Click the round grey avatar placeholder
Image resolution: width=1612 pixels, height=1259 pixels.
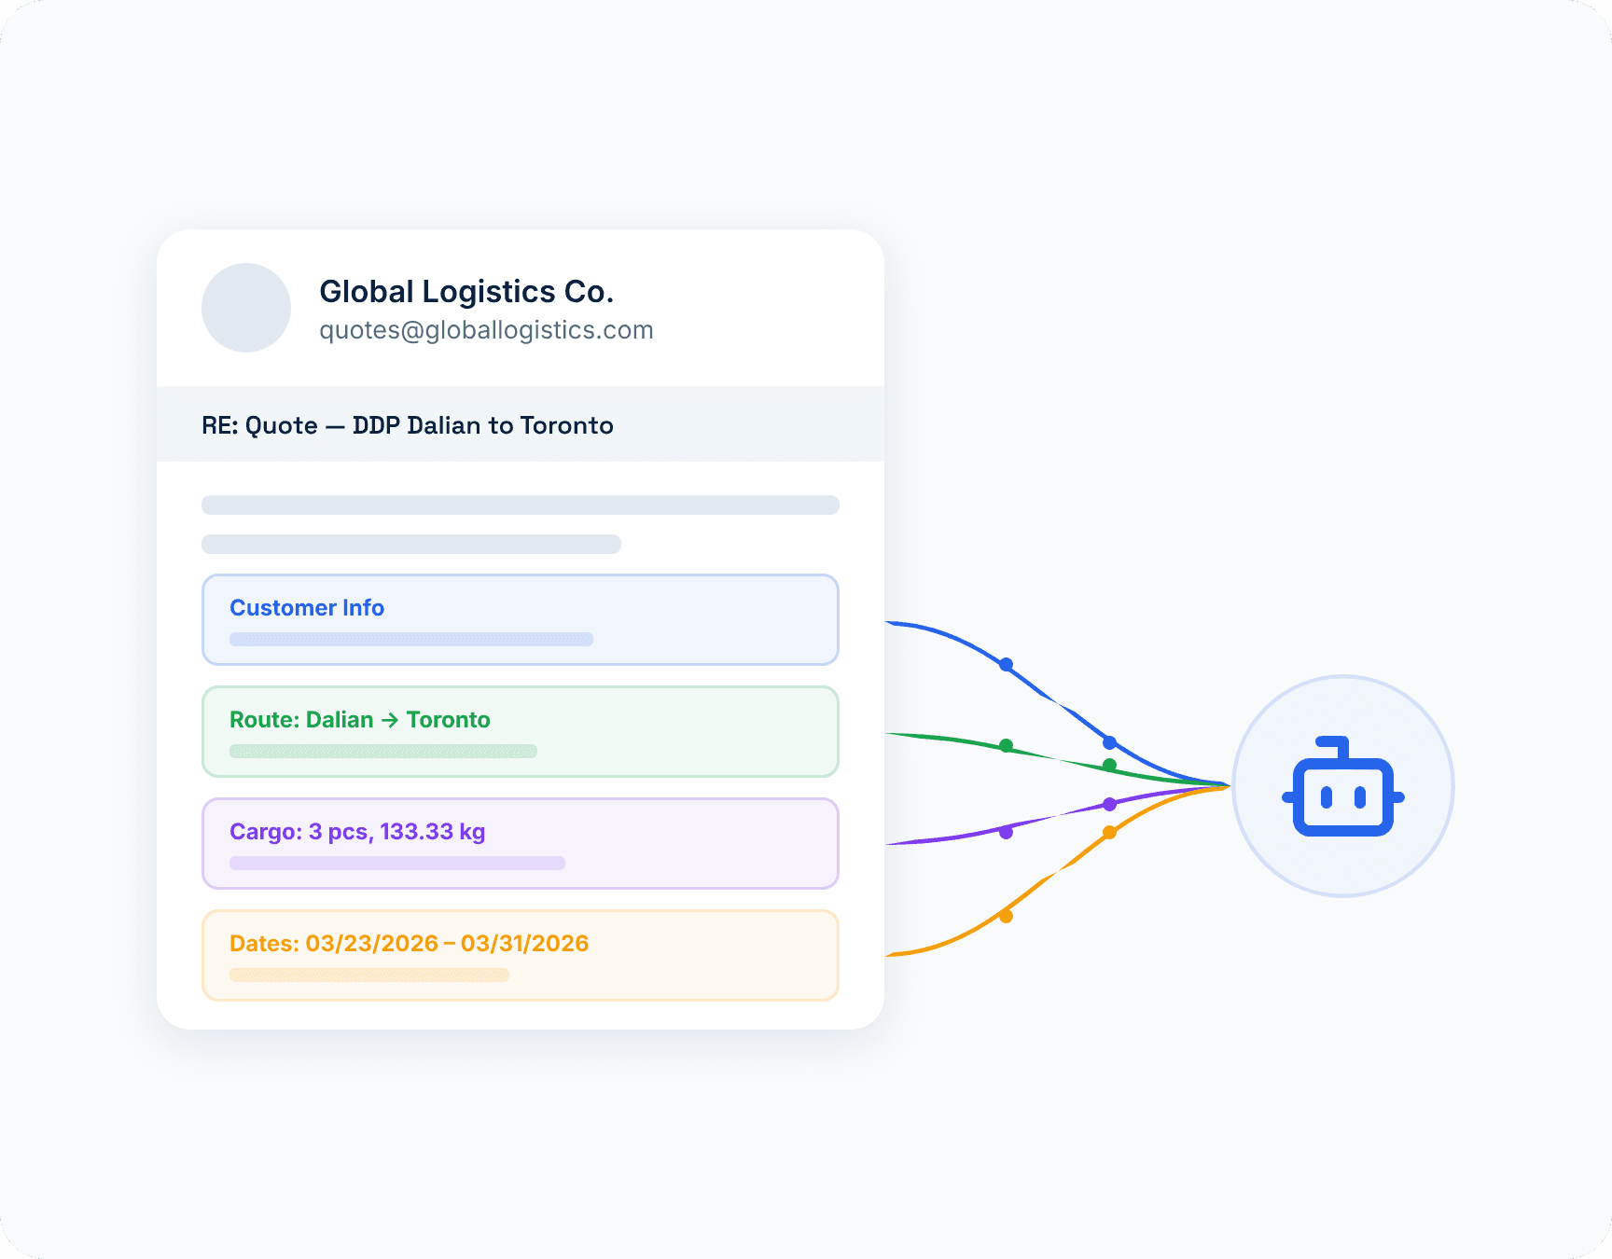coord(246,308)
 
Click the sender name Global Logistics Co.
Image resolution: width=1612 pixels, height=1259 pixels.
coord(466,292)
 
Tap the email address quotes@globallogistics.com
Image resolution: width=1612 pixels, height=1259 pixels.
coord(486,330)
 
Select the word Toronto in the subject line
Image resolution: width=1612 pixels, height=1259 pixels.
coord(566,425)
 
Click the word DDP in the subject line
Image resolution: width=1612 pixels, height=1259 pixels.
coord(376,425)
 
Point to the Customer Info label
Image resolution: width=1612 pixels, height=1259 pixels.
coord(307,608)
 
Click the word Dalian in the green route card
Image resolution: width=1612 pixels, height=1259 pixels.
coord(340,720)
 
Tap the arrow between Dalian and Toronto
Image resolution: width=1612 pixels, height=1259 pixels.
coord(390,720)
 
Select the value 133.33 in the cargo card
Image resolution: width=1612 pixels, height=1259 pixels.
coord(416,832)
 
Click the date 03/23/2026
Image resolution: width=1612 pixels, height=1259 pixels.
coord(371,944)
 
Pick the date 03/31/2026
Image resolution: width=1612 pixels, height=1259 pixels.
coord(525,944)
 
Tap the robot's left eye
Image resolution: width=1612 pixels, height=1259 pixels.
coord(1327,797)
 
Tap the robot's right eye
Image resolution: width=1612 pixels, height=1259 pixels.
coord(1360,797)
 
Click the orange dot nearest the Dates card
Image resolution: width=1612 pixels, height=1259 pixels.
coord(1006,916)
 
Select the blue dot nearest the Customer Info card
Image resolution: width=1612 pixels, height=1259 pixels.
coord(1006,665)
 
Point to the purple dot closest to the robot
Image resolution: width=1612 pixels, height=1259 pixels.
coord(1109,804)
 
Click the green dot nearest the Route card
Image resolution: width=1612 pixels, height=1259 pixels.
coord(1006,746)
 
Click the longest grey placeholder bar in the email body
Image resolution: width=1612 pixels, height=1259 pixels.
coord(521,505)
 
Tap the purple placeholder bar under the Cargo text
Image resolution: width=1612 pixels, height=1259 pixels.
coord(397,864)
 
